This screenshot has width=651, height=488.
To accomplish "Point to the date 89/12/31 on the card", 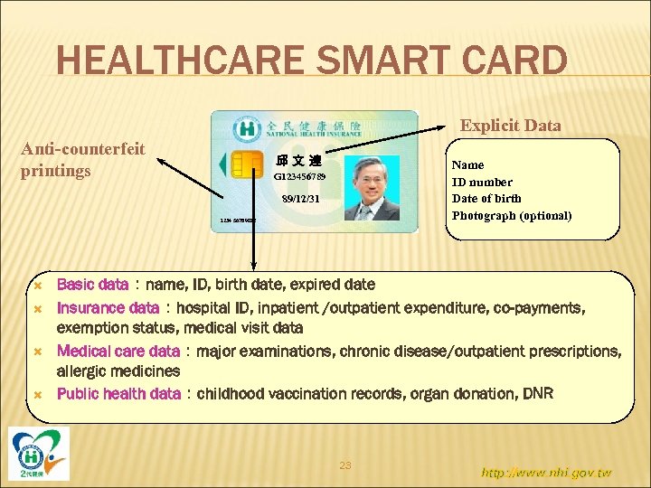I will click(x=299, y=198).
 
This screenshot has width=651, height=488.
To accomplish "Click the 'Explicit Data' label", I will click(x=510, y=126).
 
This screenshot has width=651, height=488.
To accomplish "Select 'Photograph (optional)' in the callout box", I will click(x=511, y=215).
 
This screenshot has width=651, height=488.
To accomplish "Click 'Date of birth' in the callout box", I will click(x=486, y=198).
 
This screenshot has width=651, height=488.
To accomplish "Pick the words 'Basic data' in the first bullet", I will click(x=92, y=285).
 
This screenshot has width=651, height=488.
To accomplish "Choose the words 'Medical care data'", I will click(x=118, y=351).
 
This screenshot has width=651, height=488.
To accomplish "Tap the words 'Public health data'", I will click(x=118, y=393).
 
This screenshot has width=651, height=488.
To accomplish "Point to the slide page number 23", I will click(x=344, y=465).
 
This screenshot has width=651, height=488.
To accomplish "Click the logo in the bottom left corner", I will click(x=39, y=453).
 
